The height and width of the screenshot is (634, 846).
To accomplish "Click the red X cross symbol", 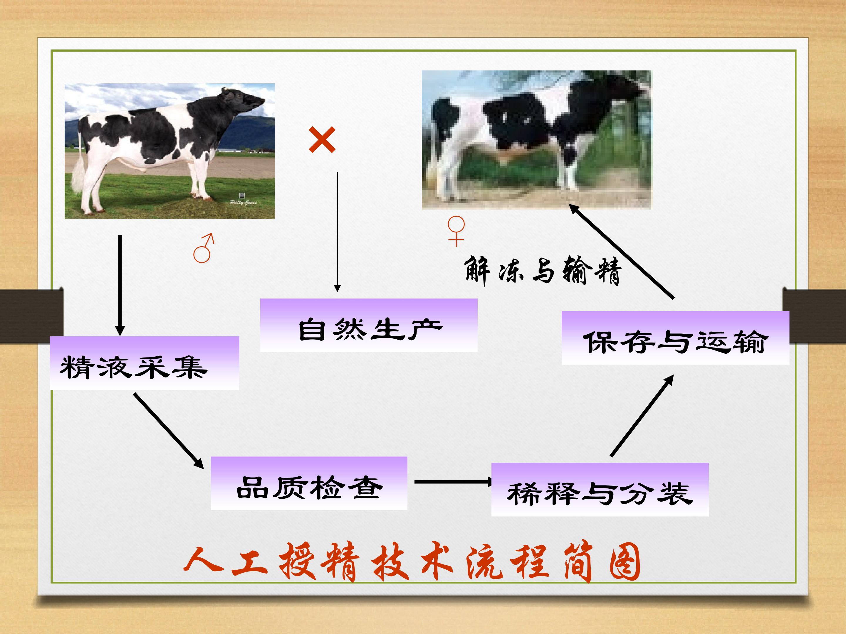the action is [x=322, y=140].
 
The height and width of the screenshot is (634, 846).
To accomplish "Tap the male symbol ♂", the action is [x=203, y=248].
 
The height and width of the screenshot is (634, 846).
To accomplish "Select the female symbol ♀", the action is [x=456, y=231].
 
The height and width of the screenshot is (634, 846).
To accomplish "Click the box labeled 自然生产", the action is [x=369, y=325].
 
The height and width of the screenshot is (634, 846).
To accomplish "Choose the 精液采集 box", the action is [x=145, y=363].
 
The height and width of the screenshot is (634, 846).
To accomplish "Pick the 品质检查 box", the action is [x=309, y=483].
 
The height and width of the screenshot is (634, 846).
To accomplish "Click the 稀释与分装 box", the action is [x=600, y=490].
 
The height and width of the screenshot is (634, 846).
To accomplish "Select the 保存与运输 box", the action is [x=675, y=338].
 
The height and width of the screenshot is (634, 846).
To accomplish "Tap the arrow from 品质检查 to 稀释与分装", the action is [x=454, y=482].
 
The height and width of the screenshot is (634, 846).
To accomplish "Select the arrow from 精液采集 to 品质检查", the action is [x=169, y=431].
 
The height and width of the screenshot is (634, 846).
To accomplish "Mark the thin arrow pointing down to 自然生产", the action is [x=337, y=232].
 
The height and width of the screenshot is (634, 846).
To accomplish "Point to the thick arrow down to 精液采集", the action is [x=120, y=286].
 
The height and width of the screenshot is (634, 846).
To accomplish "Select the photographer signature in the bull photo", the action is [x=244, y=202].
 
